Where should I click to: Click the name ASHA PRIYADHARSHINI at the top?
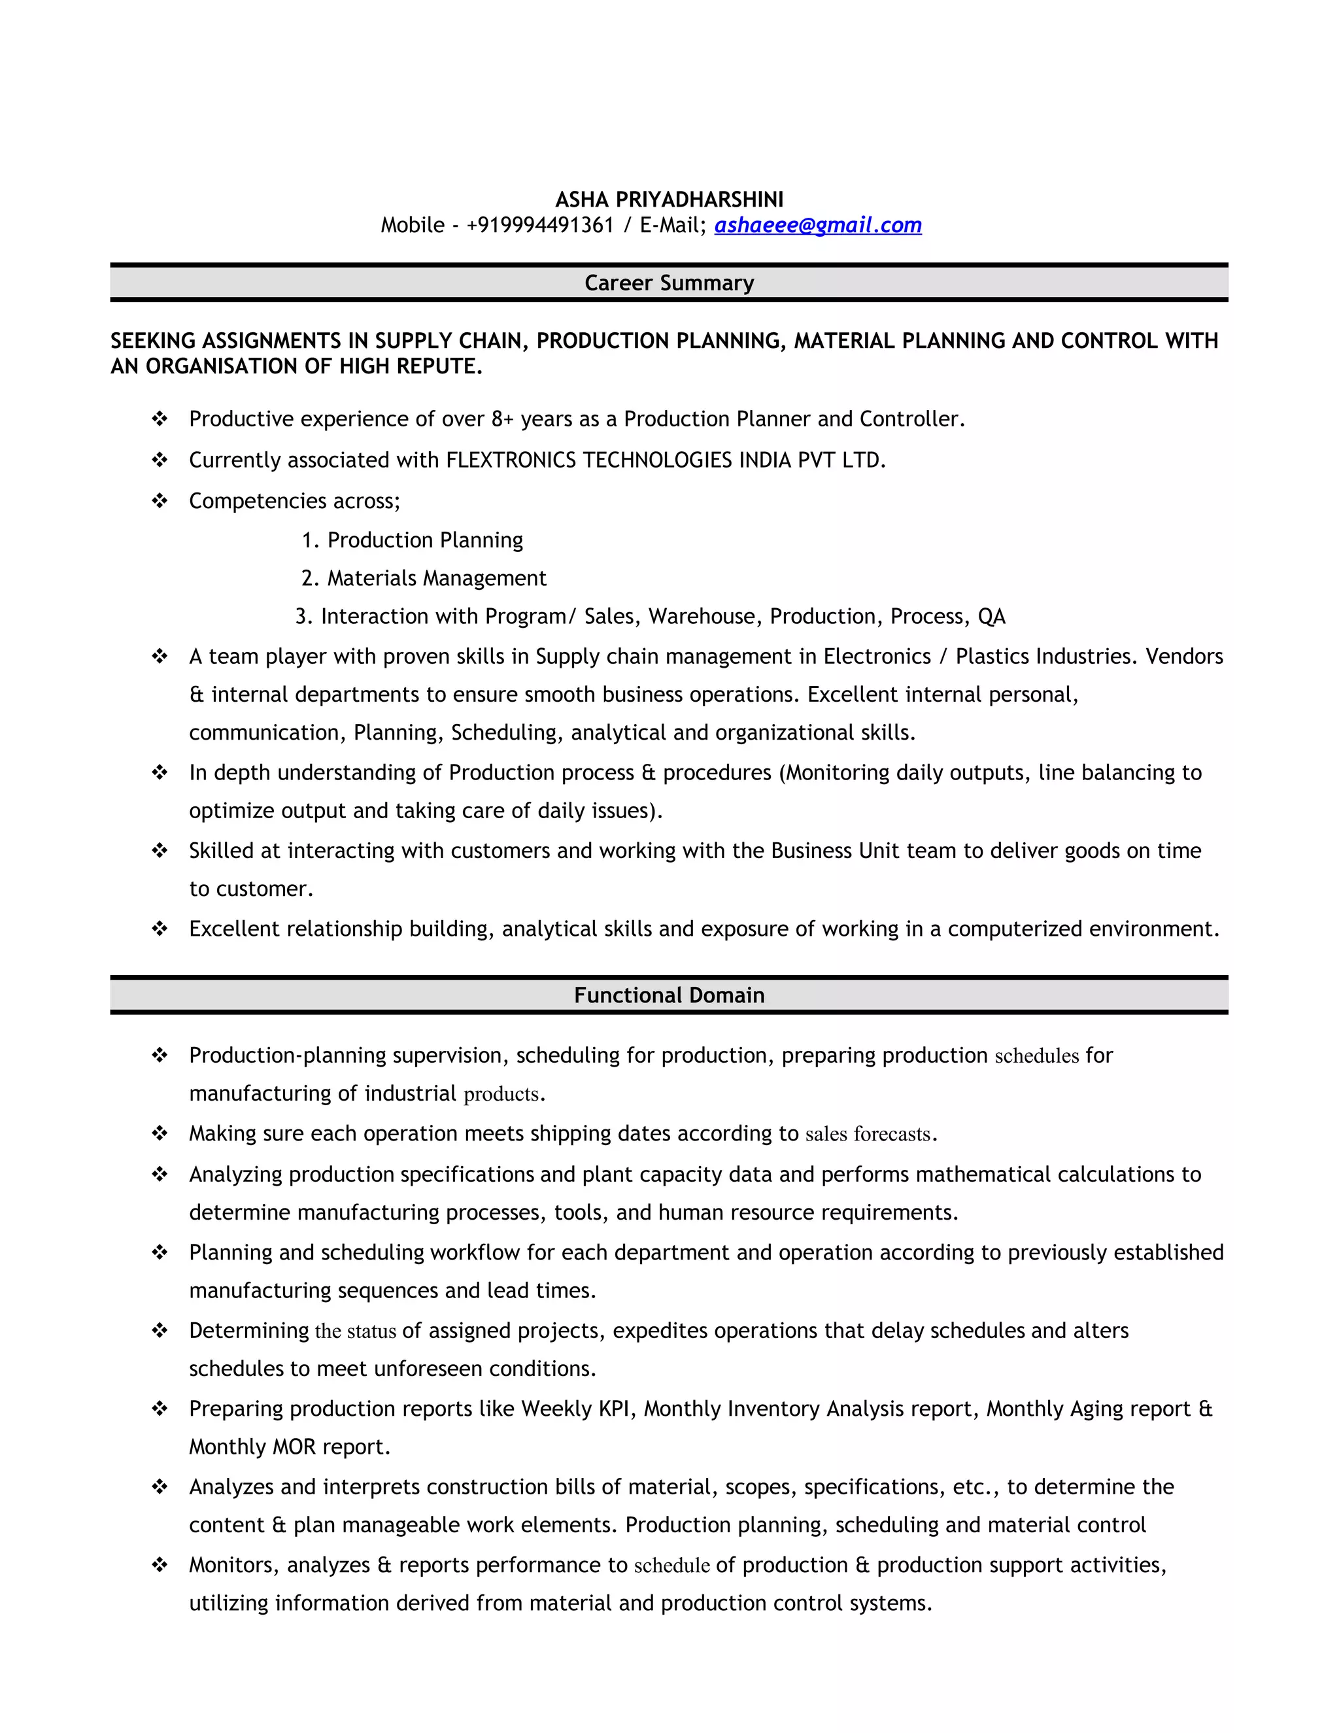(669, 199)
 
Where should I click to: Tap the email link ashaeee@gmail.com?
(818, 226)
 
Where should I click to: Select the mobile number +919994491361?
(540, 226)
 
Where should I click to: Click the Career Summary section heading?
(669, 283)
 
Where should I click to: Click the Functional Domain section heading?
(669, 995)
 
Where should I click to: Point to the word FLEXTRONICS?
(511, 460)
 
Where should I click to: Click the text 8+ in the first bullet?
(502, 419)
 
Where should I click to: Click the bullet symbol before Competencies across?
(160, 501)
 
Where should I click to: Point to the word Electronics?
(877, 656)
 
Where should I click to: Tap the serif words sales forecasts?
(868, 1134)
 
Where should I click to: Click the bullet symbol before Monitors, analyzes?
(160, 1565)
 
